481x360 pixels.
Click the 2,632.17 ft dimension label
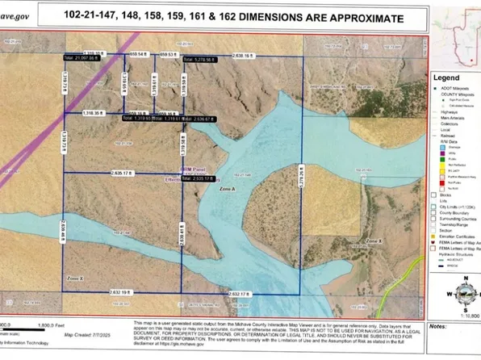[240, 294]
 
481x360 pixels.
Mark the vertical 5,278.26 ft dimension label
[303, 183]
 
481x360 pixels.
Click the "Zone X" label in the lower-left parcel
[77, 278]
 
